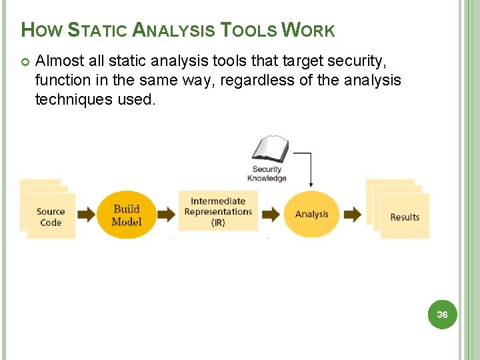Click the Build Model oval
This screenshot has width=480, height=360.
[x=127, y=215]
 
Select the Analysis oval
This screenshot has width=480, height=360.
[x=312, y=214]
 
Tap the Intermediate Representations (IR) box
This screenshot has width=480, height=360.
[x=218, y=211]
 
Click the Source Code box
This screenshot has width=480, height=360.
[x=51, y=217]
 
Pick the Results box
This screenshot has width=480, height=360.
[x=405, y=217]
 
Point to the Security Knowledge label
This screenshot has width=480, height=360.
[x=267, y=173]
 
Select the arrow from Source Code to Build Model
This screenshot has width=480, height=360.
[x=87, y=215]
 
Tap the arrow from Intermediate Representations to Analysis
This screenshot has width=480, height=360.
[x=271, y=215]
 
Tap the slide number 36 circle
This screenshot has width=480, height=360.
[x=442, y=314]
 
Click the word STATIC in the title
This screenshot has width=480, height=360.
[x=97, y=30]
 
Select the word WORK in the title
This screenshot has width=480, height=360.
[x=308, y=30]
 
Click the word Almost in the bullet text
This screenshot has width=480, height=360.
[x=59, y=61]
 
